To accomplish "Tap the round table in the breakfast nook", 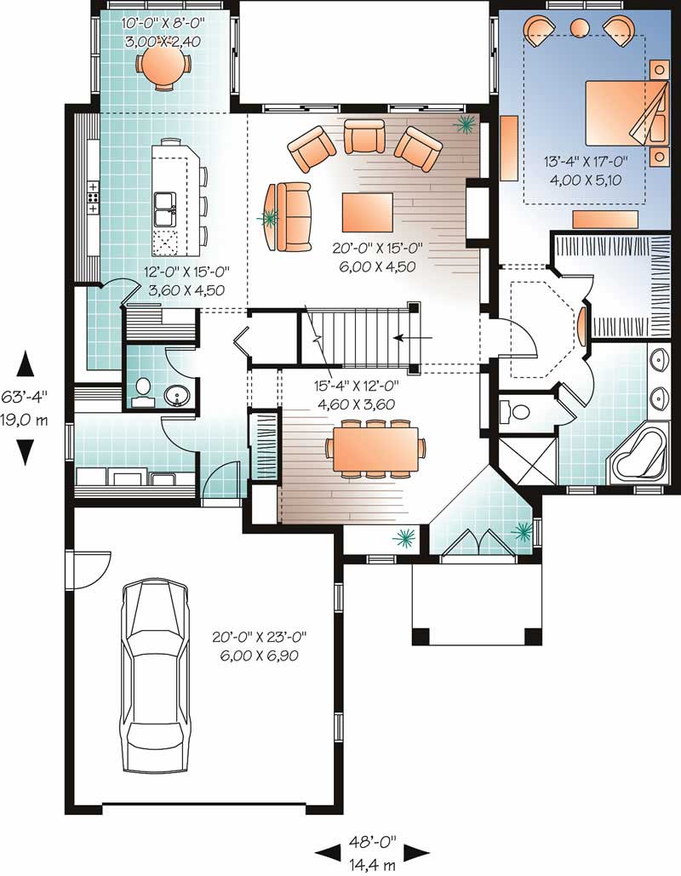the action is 162,64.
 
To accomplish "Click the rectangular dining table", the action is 375,449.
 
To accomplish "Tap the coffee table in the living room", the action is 367,212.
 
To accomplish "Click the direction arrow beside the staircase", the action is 412,337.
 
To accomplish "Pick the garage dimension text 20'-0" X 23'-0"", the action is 260,636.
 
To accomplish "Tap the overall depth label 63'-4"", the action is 25,397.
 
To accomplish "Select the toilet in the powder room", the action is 144,391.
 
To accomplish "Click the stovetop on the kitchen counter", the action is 93,197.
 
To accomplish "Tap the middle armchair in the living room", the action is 363,136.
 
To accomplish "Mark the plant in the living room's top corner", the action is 465,124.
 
